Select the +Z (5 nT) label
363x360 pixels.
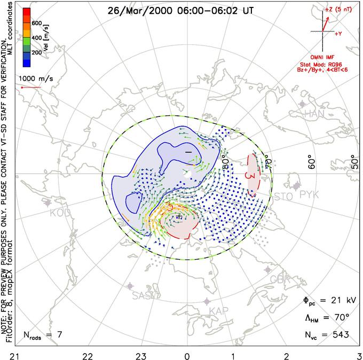tap(339, 10)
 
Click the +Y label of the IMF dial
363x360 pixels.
tap(338, 33)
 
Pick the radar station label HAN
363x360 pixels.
tap(314, 114)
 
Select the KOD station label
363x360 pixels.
tap(60, 213)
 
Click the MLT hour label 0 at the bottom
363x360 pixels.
tap(187, 354)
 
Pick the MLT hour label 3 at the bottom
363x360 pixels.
tap(358, 354)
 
